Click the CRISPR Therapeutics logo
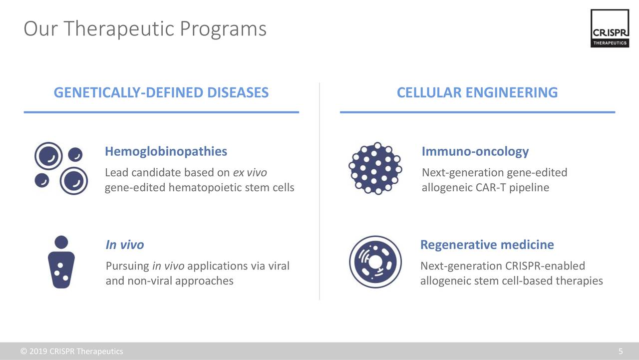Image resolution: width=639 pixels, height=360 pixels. click(610, 28)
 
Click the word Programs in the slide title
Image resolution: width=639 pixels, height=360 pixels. click(223, 29)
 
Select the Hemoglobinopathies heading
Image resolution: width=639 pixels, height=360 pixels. click(166, 151)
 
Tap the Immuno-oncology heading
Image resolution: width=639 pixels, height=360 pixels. click(475, 151)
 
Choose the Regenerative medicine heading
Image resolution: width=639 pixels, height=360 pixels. click(487, 245)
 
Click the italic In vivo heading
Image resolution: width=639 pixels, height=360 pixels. click(125, 245)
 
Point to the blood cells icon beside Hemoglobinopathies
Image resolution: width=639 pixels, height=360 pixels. click(61, 168)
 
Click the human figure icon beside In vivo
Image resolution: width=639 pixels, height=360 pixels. click(61, 262)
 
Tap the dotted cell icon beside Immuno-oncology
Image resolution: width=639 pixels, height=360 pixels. click(375, 168)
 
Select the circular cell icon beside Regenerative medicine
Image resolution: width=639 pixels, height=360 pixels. click(375, 262)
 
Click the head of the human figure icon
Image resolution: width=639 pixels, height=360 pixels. click(61, 242)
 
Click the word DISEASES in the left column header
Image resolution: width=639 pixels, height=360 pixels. click(238, 92)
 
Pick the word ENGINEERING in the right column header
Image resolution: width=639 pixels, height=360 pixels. click(512, 92)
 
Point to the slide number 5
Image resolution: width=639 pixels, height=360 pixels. click(621, 351)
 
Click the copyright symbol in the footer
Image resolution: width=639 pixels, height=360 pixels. click(23, 351)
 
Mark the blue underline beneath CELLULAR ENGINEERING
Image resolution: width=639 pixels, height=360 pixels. click(478, 112)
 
